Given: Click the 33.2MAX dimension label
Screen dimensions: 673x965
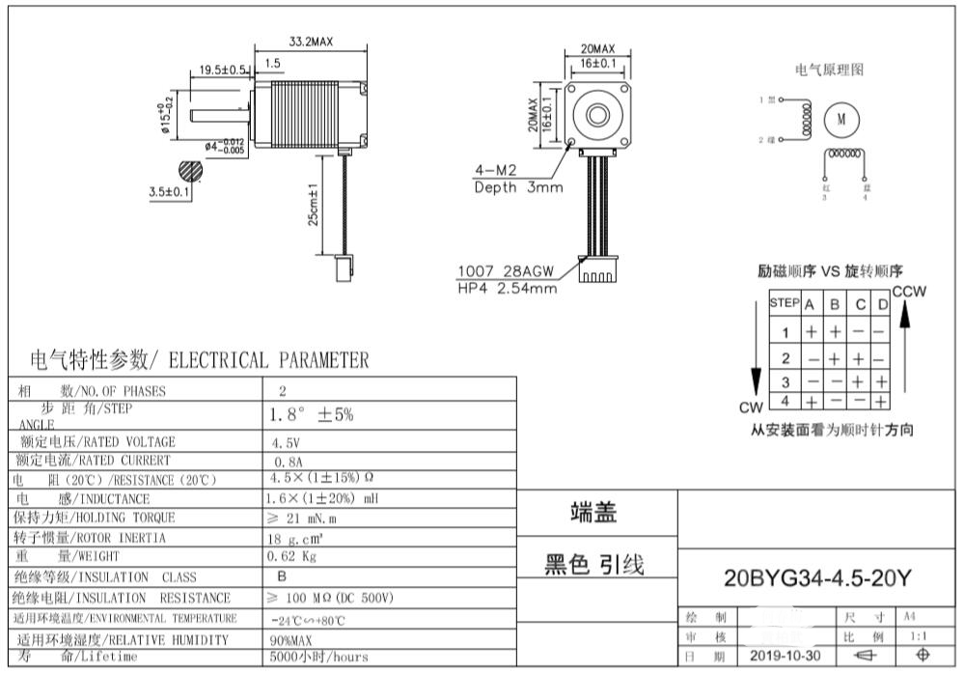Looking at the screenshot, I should point(311,42).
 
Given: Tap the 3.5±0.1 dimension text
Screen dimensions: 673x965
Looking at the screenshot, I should point(169,192).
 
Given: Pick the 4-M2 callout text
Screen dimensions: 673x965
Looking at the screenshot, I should point(496,171).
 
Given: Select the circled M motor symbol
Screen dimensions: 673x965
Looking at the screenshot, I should point(841,120).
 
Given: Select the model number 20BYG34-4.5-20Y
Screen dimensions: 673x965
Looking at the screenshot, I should point(817,578).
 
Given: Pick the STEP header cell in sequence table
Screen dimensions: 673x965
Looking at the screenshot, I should point(784,303).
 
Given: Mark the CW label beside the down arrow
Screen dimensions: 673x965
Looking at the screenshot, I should point(751,407).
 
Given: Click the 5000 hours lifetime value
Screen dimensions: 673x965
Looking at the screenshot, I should point(319,657).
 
